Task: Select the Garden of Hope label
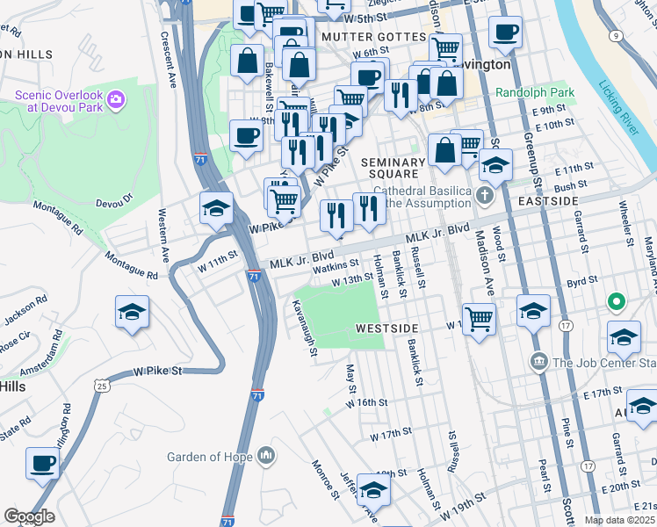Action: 210,457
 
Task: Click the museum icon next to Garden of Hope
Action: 266,457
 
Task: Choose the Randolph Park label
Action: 534,92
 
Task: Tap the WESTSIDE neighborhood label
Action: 386,328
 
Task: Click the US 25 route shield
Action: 103,385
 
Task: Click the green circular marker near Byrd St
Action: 617,303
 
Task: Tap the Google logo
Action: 29,516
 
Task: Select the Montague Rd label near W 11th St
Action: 131,263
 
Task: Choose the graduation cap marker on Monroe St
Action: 373,489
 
